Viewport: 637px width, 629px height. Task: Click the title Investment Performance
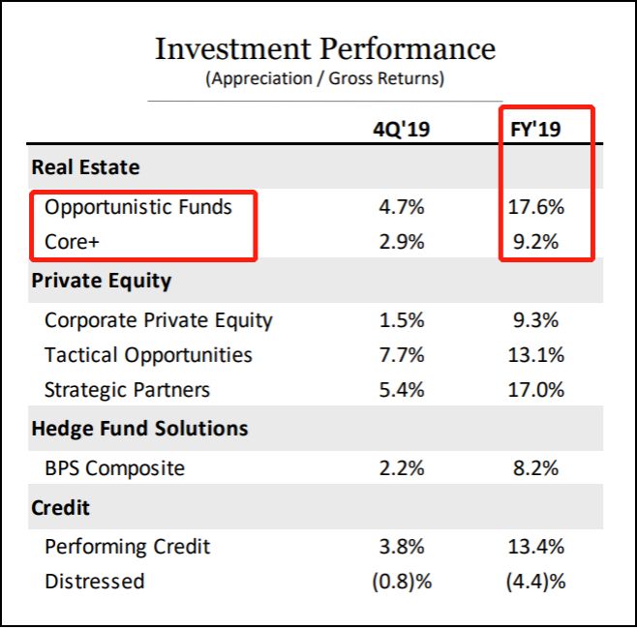pos(324,49)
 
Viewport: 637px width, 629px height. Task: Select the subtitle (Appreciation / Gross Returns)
pos(324,79)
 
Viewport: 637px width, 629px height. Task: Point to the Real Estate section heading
pos(85,167)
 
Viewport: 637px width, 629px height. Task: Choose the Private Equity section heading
pos(101,282)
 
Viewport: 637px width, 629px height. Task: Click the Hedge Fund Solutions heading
pos(139,429)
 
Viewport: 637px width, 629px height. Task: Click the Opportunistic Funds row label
pos(138,206)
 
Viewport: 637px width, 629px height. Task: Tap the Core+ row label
pos(74,242)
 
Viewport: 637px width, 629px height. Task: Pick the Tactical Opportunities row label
pos(148,355)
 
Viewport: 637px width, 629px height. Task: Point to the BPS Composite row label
pos(114,468)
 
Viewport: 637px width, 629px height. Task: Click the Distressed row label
pos(94,582)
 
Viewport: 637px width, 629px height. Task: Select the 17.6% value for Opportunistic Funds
pos(536,206)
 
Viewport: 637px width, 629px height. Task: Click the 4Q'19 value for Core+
pos(399,242)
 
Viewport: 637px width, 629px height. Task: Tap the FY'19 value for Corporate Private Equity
pos(536,320)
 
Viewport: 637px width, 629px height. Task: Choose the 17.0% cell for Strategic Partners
pos(536,390)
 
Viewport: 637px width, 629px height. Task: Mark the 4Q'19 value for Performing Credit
pos(399,547)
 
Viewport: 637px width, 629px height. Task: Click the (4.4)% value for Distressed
pos(536,582)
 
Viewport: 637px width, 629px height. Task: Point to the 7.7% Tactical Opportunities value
pos(399,355)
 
